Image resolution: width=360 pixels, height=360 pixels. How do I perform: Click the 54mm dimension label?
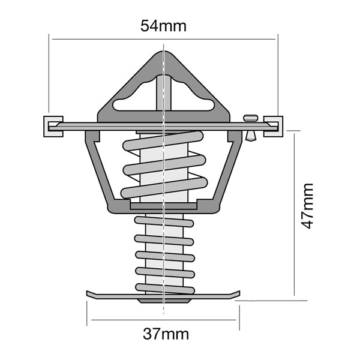163,26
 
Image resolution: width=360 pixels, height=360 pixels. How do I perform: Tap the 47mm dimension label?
307,206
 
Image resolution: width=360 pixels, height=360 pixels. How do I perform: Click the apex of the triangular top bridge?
163,54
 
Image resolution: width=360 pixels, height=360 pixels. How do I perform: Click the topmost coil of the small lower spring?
163,218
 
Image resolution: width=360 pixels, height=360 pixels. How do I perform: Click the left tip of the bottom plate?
90,293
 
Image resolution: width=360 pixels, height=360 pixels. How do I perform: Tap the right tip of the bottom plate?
236,293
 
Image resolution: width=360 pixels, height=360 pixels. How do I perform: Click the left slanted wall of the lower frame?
101,171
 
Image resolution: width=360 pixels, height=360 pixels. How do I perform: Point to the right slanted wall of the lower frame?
227,171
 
